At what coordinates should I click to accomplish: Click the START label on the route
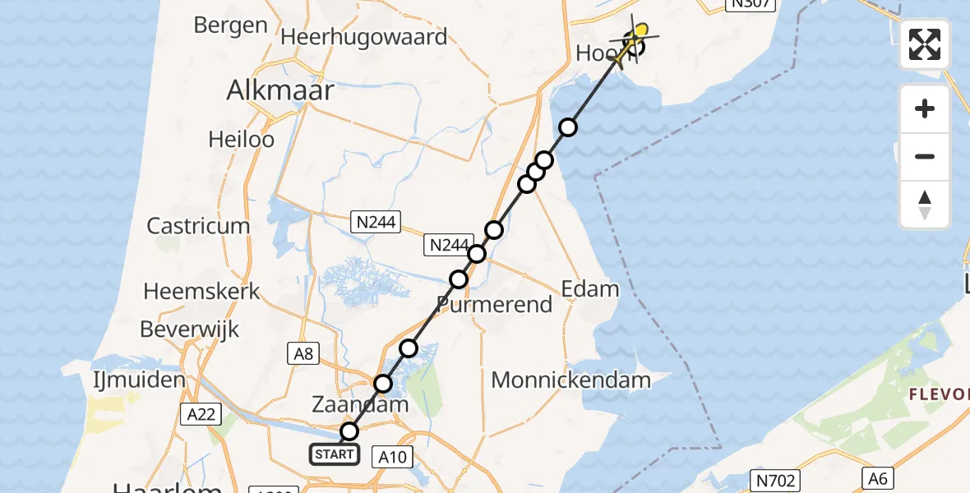pyautogui.click(x=335, y=454)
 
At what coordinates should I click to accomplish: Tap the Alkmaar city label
pyautogui.click(x=280, y=90)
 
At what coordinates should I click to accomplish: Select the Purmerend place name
pyautogui.click(x=494, y=306)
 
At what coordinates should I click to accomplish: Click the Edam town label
pyautogui.click(x=589, y=289)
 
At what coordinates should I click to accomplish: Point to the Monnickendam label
pyautogui.click(x=570, y=380)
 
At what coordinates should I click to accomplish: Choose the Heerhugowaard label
pyautogui.click(x=364, y=37)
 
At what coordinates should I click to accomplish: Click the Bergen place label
pyautogui.click(x=231, y=25)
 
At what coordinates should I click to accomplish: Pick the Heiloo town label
pyautogui.click(x=241, y=140)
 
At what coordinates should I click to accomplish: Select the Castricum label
pyautogui.click(x=198, y=226)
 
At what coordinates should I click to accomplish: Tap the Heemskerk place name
pyautogui.click(x=201, y=291)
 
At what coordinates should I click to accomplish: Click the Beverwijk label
pyautogui.click(x=190, y=329)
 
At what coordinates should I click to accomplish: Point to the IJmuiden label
pyautogui.click(x=139, y=380)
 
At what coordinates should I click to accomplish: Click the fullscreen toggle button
pyautogui.click(x=925, y=44)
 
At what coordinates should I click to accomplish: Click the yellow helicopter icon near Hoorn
pyautogui.click(x=637, y=35)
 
